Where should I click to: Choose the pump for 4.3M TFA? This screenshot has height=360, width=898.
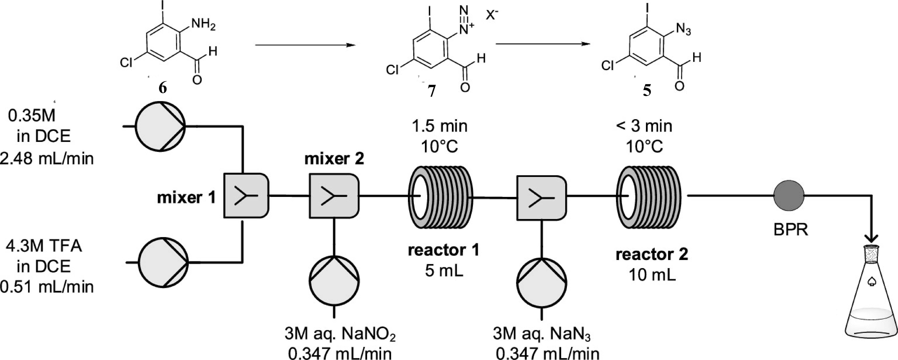[163, 262]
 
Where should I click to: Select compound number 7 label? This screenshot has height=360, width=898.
[432, 91]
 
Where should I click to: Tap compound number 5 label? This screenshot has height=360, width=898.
[647, 91]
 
